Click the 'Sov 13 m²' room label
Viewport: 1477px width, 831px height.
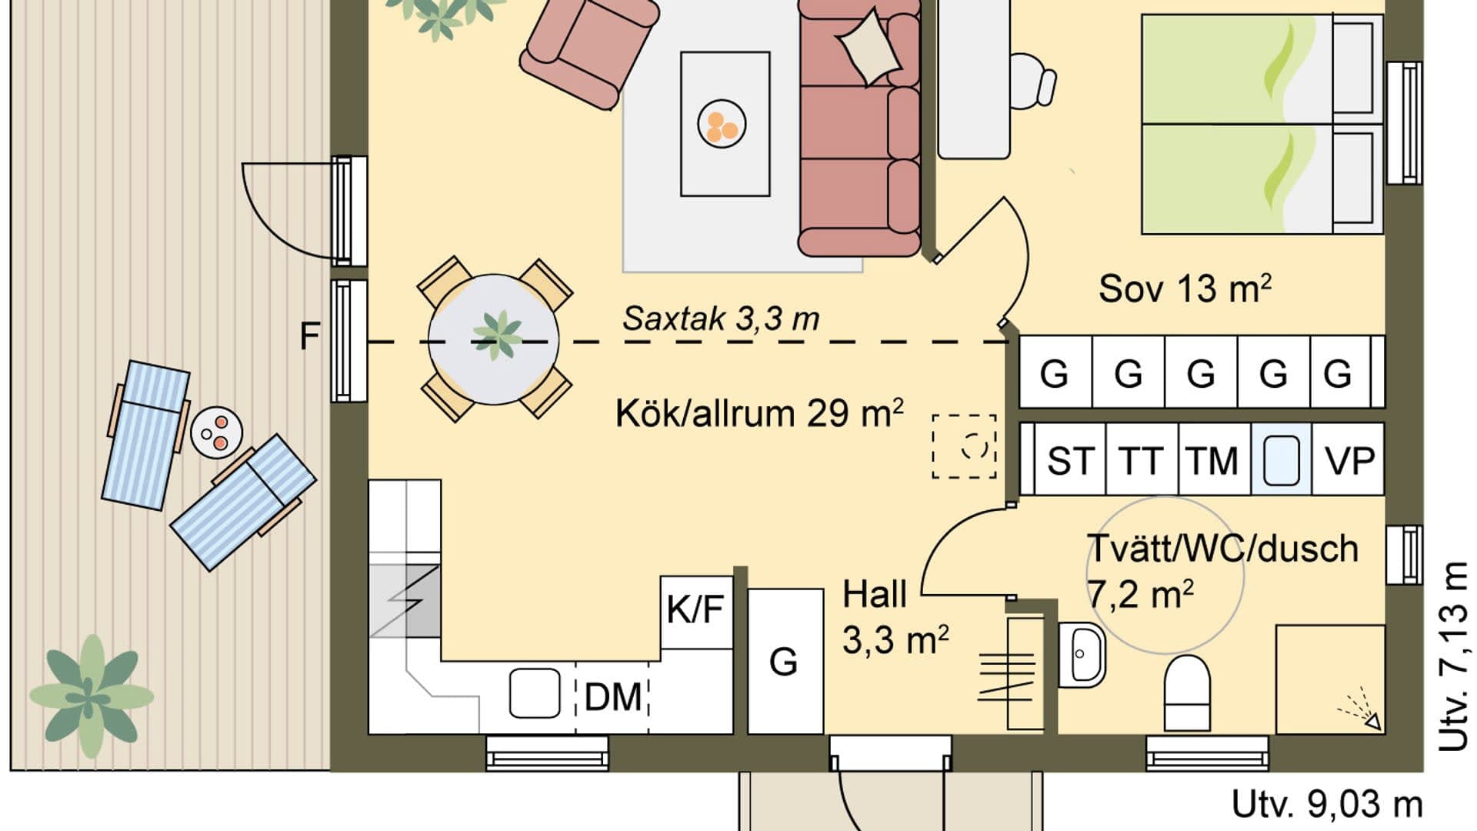[1184, 289]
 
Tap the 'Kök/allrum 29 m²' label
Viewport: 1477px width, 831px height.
[759, 413]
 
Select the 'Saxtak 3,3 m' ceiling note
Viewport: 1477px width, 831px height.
[721, 319]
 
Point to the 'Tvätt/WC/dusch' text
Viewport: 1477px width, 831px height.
[1223, 549]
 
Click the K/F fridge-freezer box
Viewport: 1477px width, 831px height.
[695, 611]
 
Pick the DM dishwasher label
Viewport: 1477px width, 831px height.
[613, 697]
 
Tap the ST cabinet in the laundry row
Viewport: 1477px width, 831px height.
[1069, 460]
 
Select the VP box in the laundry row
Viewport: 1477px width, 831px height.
[1349, 460]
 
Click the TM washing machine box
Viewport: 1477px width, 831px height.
[1212, 460]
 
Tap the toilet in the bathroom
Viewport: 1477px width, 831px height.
[1187, 692]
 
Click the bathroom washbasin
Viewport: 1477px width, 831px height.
[1082, 653]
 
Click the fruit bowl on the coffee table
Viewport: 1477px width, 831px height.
[722, 124]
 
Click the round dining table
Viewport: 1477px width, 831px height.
[494, 339]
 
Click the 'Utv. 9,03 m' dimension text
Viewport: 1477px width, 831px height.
[1326, 804]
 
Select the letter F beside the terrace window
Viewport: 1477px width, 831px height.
[308, 336]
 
